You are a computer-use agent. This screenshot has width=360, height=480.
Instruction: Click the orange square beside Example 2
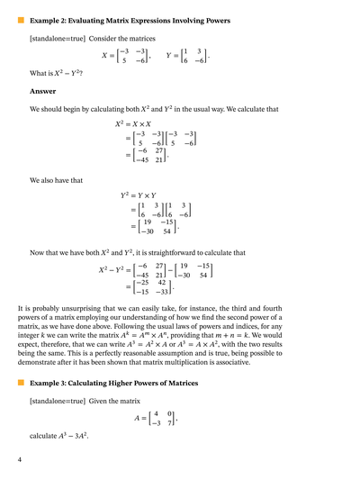pyautogui.click(x=21, y=20)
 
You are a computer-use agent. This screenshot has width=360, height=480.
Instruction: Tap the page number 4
pyautogui.click(x=20, y=460)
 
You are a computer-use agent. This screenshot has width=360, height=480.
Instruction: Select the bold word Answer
pyautogui.click(x=42, y=91)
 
